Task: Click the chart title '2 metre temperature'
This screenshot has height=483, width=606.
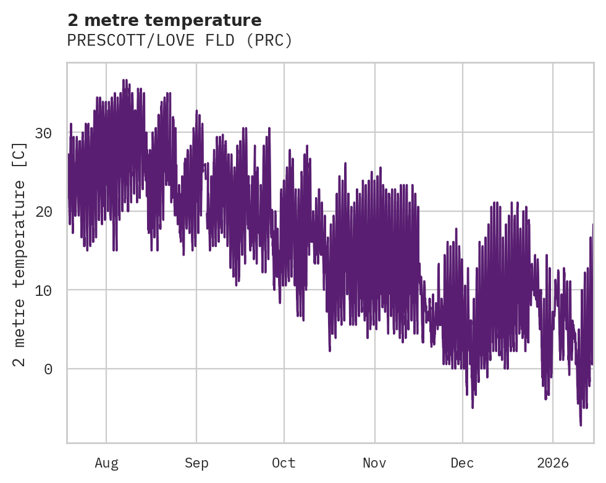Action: click(x=164, y=20)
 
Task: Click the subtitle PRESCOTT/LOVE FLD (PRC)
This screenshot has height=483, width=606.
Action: click(x=179, y=41)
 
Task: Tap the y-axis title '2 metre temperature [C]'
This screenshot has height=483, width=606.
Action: click(x=20, y=254)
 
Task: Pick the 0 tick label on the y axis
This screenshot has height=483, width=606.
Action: click(x=48, y=369)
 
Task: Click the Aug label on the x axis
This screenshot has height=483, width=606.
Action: click(x=106, y=463)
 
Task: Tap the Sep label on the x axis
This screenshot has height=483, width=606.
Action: click(x=196, y=463)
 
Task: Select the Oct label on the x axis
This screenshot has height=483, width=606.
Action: click(x=284, y=463)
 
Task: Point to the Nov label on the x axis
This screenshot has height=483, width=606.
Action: click(x=374, y=463)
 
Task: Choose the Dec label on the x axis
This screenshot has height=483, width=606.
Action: click(x=462, y=463)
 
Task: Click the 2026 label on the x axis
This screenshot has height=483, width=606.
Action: click(x=553, y=463)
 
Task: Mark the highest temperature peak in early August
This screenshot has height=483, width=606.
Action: click(x=124, y=80)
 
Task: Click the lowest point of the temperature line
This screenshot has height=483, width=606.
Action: click(x=581, y=425)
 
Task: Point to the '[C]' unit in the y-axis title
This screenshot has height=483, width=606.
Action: click(x=20, y=154)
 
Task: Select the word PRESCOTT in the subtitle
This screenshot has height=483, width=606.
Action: click(x=95, y=41)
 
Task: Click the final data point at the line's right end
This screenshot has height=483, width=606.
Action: click(x=592, y=225)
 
